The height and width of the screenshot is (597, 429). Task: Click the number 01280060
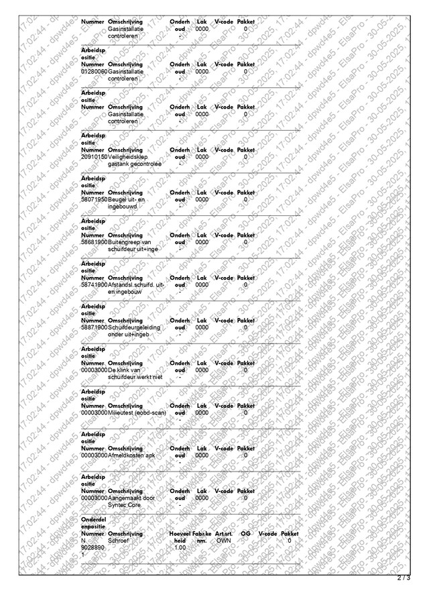[94, 71]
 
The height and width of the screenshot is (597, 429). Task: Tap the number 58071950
[94, 199]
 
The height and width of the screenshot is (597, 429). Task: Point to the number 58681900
[94, 241]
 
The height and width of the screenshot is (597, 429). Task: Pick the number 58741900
[94, 284]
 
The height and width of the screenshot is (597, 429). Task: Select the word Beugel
[117, 199]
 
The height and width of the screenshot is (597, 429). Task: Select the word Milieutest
[123, 413]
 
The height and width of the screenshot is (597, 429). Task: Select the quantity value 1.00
[180, 548]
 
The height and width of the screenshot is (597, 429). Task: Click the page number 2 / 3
[403, 577]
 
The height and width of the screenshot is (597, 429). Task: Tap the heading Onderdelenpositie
[93, 523]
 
